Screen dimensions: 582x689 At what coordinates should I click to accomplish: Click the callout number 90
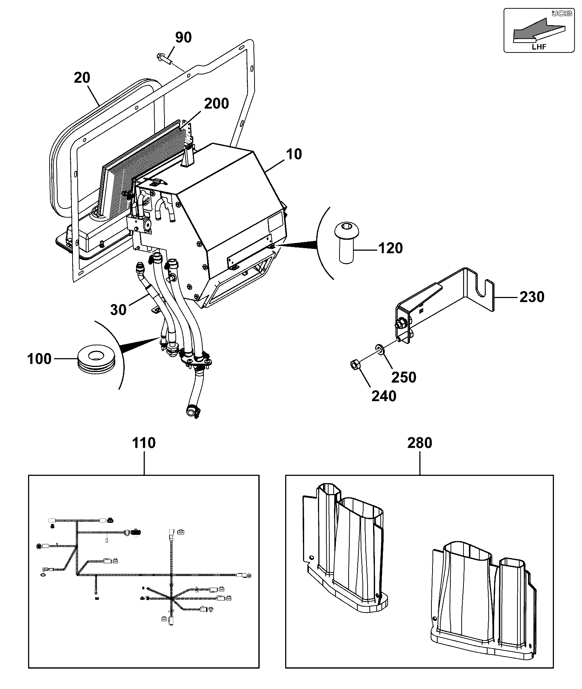183,37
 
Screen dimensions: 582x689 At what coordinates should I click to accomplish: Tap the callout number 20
82,78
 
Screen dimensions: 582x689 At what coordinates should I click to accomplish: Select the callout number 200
217,103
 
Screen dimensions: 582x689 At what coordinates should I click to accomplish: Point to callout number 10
294,154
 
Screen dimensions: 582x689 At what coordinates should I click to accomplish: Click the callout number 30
119,310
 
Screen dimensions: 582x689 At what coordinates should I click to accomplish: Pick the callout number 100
39,359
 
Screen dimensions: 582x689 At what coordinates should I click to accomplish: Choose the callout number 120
391,248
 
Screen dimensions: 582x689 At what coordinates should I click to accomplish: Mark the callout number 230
532,297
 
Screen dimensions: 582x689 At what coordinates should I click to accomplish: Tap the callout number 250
404,377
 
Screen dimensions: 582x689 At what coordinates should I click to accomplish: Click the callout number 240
384,396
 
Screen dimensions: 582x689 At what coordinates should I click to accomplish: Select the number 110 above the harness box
144,443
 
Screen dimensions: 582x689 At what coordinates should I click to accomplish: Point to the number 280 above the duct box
420,443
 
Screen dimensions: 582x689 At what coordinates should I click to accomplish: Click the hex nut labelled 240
355,364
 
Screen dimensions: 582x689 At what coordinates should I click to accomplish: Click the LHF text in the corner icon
539,46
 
